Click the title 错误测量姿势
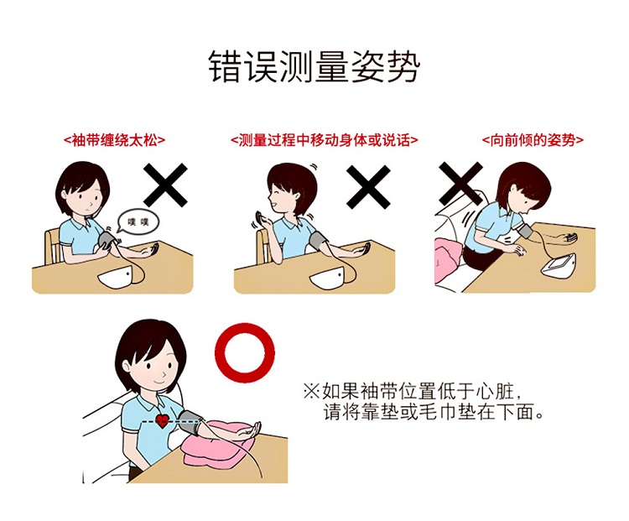coord(314,66)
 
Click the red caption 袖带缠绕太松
coord(114,140)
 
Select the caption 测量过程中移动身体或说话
coord(324,140)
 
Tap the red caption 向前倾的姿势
coord(533,140)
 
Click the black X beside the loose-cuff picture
coord(166,185)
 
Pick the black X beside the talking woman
coord(368,186)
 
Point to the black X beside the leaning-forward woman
coord(461,184)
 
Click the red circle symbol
coord(245,353)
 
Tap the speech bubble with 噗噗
coord(138,221)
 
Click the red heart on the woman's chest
coord(162,420)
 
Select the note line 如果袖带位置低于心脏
coord(413,391)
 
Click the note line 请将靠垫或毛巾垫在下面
coord(434,412)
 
